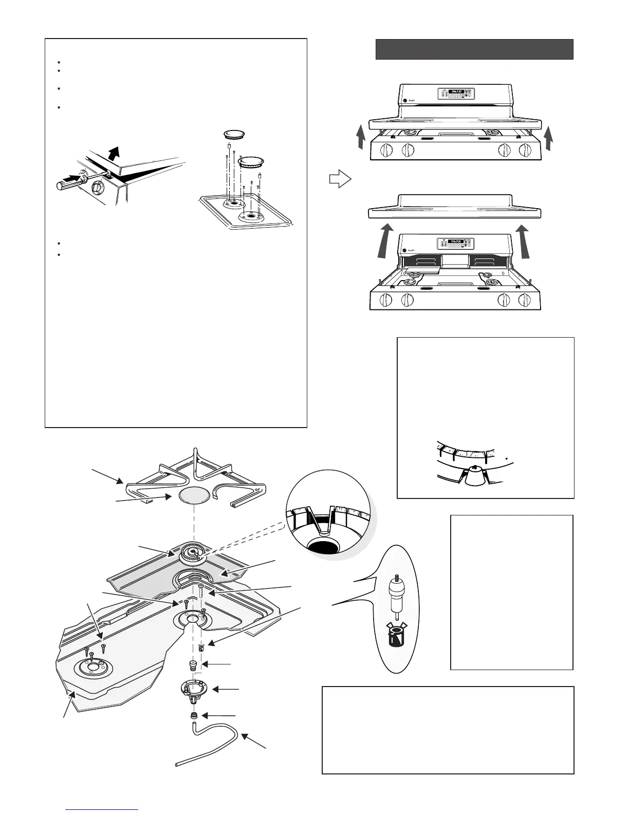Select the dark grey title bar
(x=474, y=49)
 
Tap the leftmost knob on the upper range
(x=385, y=151)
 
